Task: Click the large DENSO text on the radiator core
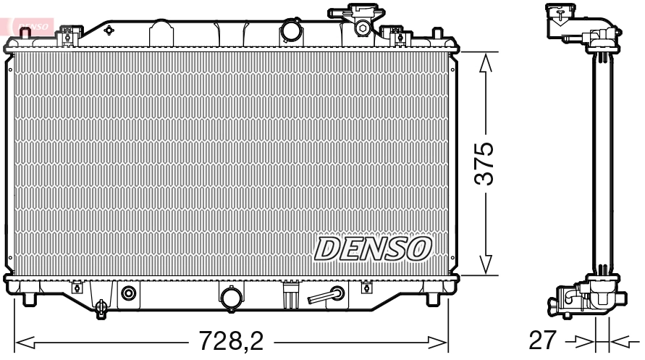pos(374,248)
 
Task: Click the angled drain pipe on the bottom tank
pos(326,295)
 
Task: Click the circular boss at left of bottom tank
pos(129,293)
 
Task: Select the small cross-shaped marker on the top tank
pos(109,30)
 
